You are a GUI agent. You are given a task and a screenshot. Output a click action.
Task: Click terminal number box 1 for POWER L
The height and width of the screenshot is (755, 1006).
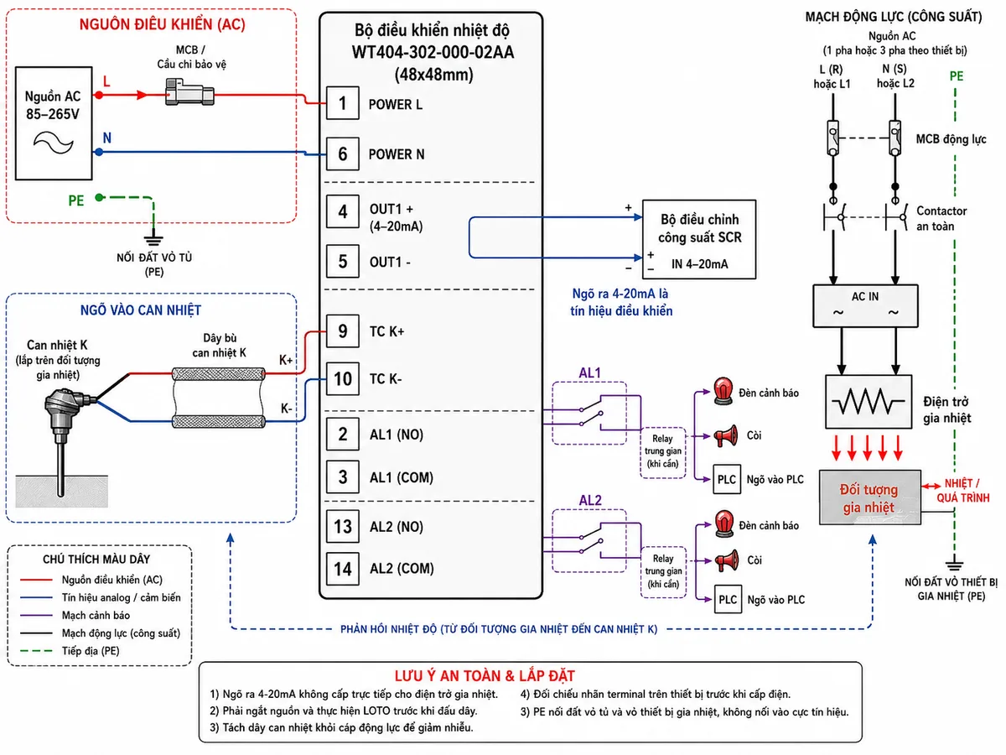[342, 103]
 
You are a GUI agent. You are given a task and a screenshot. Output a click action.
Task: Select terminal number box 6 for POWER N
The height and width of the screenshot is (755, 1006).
[342, 154]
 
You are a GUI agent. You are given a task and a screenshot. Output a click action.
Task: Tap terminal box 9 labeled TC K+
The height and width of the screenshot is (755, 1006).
[342, 331]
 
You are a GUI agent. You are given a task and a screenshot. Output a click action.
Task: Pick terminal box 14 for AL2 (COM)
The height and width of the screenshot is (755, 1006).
[342, 569]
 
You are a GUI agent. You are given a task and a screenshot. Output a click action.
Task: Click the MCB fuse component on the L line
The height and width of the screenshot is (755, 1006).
[189, 92]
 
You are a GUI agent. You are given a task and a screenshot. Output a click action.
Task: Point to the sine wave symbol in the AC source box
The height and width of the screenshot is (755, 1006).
[53, 143]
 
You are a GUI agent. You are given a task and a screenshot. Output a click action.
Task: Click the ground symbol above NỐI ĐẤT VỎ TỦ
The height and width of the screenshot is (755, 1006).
[153, 240]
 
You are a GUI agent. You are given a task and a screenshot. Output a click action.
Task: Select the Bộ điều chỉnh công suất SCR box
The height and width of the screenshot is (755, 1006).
[699, 239]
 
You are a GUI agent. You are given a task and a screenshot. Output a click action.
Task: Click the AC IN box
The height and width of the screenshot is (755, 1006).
[865, 305]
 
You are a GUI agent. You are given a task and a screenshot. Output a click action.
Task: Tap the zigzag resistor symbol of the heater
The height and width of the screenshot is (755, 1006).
[868, 402]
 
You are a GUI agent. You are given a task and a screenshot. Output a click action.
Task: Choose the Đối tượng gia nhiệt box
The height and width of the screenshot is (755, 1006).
[870, 497]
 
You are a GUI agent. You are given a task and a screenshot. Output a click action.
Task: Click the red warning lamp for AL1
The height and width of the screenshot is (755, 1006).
[723, 391]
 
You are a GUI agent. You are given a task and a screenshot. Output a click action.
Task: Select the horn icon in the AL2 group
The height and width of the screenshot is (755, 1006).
[727, 560]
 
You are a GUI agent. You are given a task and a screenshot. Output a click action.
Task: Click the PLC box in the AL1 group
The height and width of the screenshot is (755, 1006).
[727, 480]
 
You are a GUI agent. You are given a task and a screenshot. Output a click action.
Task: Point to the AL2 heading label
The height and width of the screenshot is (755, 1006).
[590, 500]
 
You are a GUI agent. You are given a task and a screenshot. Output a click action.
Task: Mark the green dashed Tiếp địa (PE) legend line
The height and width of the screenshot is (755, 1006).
[36, 651]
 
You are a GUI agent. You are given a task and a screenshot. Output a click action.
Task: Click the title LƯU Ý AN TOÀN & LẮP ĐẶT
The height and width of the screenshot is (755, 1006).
[485, 675]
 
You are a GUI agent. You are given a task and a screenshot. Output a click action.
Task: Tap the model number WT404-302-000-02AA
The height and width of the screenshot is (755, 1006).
[433, 52]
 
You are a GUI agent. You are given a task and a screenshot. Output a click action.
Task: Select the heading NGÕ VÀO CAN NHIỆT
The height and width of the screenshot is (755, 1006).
[141, 310]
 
